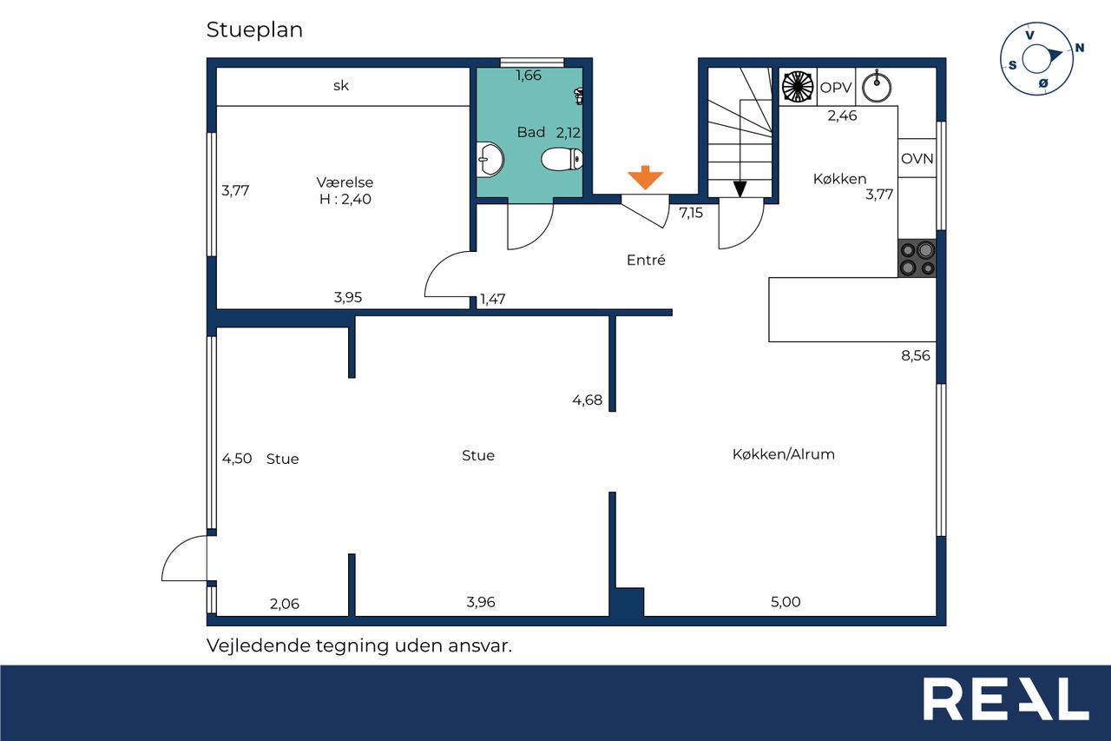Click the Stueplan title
tap(254, 30)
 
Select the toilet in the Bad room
tap(562, 159)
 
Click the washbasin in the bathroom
tap(490, 159)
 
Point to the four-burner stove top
tap(917, 258)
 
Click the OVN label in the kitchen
tap(917, 159)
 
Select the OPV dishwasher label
tap(836, 88)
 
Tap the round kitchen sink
tap(877, 87)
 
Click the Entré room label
tap(646, 260)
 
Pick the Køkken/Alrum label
tap(784, 454)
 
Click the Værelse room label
tap(345, 182)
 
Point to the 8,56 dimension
tap(916, 356)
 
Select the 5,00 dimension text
tap(786, 602)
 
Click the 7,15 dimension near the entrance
tap(691, 213)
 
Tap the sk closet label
tap(341, 86)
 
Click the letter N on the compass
tap(1079, 48)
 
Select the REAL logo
tap(1005, 698)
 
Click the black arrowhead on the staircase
tap(740, 189)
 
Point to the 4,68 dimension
tap(588, 400)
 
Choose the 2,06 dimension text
tap(285, 604)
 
